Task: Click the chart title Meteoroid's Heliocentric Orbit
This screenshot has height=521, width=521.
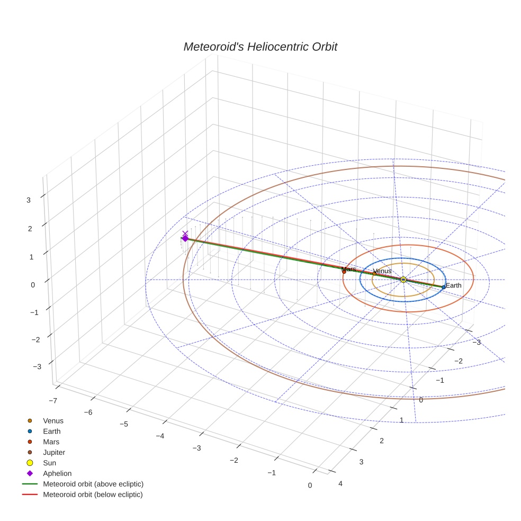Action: [x=260, y=47]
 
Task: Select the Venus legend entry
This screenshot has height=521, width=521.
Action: [x=53, y=421]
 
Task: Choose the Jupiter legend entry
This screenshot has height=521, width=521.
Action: [x=54, y=452]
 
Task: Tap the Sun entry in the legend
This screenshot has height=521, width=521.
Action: [x=49, y=463]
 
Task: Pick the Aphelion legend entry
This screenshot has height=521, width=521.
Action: [x=57, y=473]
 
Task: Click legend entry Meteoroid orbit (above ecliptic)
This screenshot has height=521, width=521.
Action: [x=93, y=484]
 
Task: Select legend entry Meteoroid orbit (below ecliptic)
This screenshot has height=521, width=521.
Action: [x=93, y=495]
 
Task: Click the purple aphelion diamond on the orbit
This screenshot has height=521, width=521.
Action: [x=185, y=239]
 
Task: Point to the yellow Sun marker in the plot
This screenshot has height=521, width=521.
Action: [x=403, y=280]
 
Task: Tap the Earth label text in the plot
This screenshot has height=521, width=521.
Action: [x=454, y=285]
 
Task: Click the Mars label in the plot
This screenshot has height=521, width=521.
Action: [x=348, y=270]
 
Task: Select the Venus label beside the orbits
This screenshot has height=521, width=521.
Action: [x=382, y=271]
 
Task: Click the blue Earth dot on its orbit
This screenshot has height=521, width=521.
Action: [x=444, y=287]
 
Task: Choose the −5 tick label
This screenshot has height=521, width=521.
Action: [x=124, y=424]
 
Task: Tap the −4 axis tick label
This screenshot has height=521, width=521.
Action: [x=160, y=436]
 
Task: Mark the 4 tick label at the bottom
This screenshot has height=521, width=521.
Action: [x=340, y=483]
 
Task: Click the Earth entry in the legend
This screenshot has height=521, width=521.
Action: [x=51, y=432]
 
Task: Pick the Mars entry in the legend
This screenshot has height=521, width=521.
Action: [x=51, y=442]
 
